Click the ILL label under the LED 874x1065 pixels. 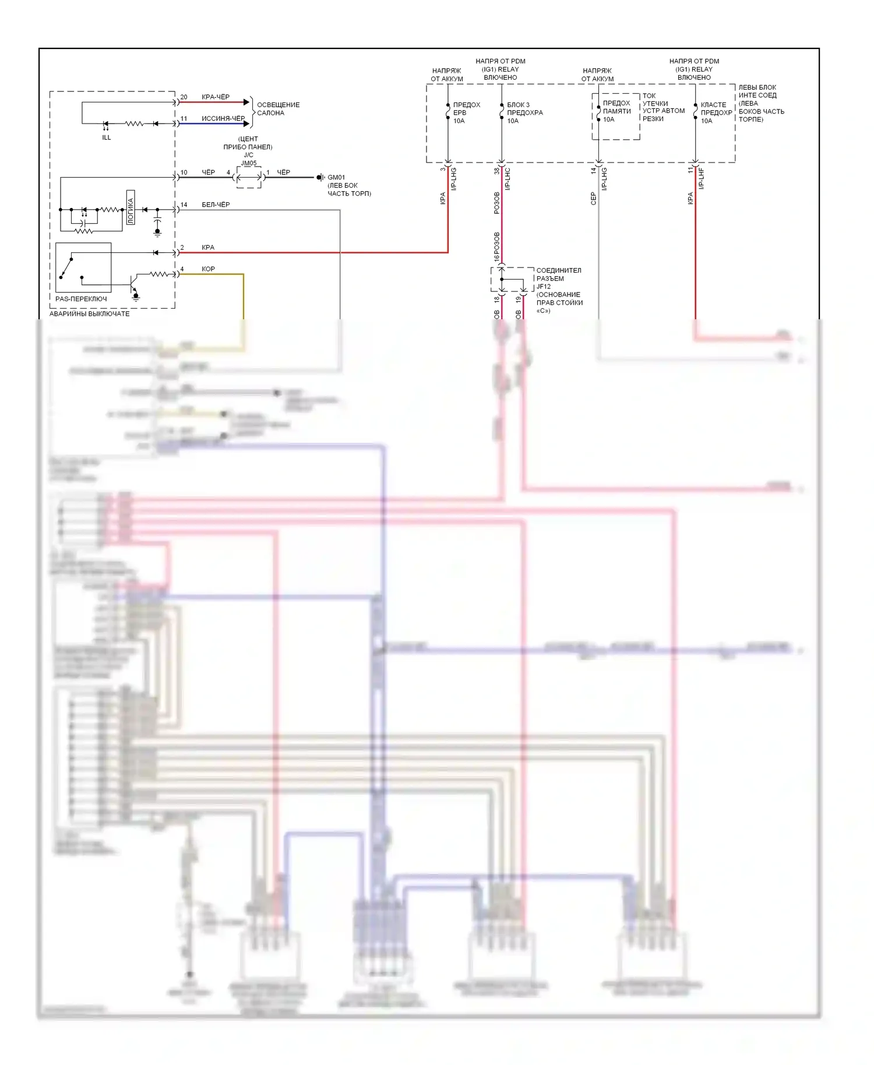pos(106,137)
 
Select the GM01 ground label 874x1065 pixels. pos(336,177)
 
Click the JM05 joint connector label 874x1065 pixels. pos(249,163)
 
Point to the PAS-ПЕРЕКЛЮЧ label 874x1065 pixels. pos(81,299)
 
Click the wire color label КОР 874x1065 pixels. pos(208,269)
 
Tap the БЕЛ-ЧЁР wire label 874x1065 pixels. pos(216,204)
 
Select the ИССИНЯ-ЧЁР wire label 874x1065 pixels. pos(223,118)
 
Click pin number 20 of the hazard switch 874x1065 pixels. pos(184,97)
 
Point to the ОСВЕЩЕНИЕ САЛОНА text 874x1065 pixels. pos(278,109)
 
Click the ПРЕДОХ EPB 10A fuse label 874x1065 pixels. pos(466,113)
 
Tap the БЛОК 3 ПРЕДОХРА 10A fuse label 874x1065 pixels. pos(524,113)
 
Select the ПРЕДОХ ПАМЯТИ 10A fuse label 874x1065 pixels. pos(616,111)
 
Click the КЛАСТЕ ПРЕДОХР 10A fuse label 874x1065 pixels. pos(716,113)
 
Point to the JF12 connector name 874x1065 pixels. pos(544,287)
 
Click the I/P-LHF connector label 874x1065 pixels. pos(701,178)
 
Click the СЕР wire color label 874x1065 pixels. pos(593,198)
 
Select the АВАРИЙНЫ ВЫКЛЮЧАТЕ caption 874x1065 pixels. pos(89,314)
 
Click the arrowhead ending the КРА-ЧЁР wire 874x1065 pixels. pos(246,102)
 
